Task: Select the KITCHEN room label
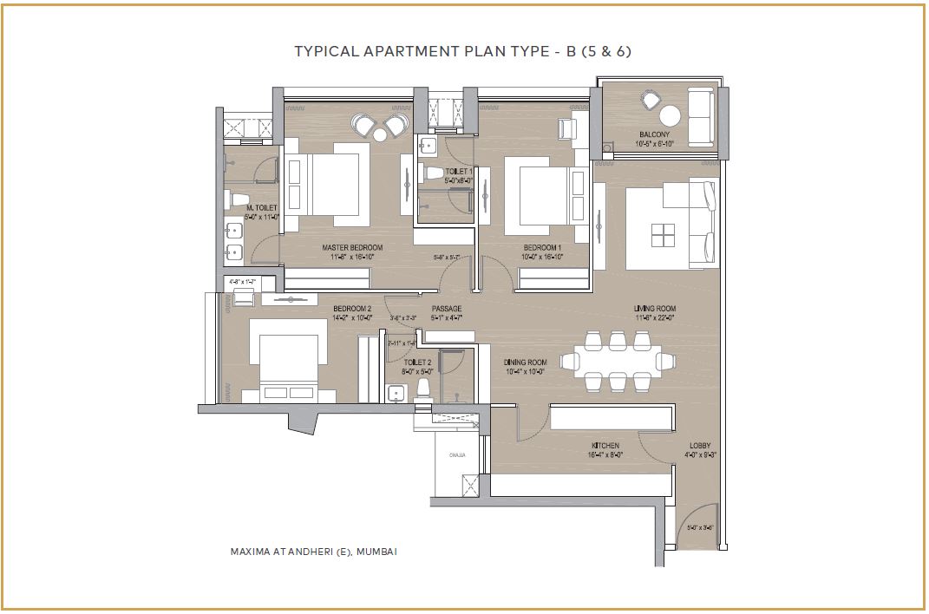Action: tap(605, 446)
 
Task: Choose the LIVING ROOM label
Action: tap(655, 309)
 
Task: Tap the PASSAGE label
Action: tap(447, 309)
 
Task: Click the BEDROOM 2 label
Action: tap(352, 309)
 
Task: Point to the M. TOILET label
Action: tap(262, 208)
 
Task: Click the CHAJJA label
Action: tap(457, 454)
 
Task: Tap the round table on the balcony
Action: tap(670, 116)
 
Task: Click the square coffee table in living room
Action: tap(663, 235)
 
